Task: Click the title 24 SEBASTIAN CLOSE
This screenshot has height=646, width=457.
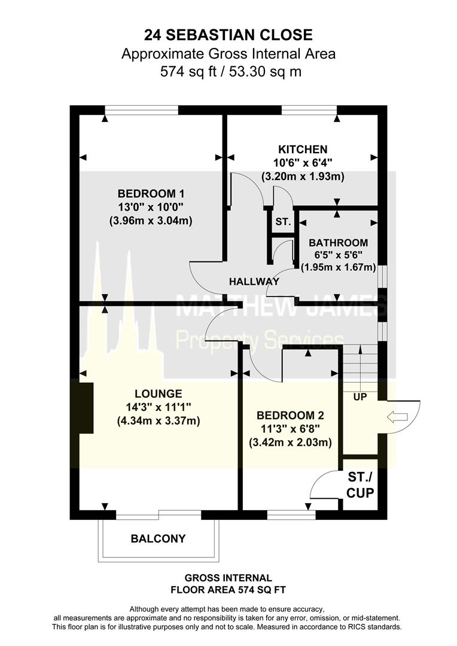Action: [228, 34]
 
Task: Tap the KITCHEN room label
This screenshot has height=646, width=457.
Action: [302, 150]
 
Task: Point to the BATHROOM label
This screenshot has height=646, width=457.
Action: [338, 243]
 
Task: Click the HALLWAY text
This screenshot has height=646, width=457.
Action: [254, 281]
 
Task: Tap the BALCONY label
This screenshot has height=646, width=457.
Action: [158, 538]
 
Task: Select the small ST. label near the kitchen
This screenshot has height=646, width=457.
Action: [283, 222]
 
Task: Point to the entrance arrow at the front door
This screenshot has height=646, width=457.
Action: [397, 416]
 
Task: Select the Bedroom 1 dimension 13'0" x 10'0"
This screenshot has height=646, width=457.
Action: [151, 207]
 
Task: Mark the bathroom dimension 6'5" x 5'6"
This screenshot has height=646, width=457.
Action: [338, 256]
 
